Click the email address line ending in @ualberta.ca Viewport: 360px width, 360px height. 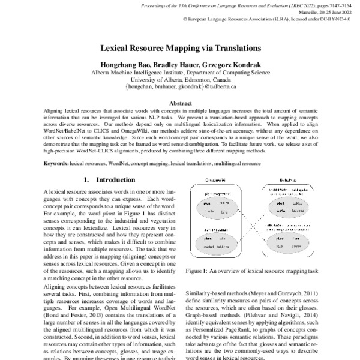(181, 86)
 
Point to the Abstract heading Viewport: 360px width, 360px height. (181, 103)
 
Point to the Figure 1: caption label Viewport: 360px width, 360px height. (200, 271)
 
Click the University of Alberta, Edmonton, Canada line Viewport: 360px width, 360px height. (181, 79)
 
